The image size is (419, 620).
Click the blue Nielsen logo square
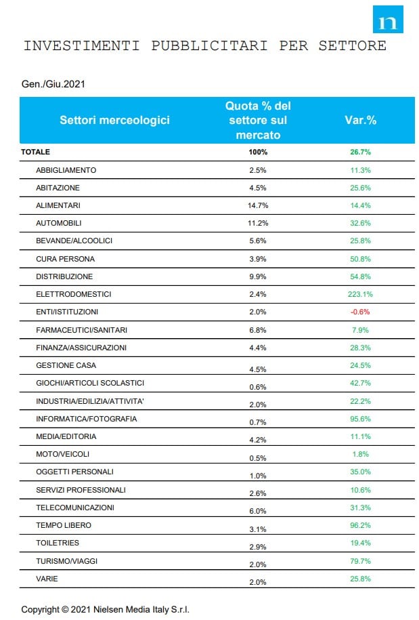pos(388,20)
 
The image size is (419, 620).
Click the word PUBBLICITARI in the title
pos(209,45)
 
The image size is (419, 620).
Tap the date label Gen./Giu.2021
pos(53,84)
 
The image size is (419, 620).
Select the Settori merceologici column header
pos(114,120)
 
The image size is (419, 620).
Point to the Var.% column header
pos(360,120)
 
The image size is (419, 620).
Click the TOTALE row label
pos(36,152)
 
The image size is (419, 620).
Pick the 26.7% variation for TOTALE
pos(360,152)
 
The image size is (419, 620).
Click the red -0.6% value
pos(360,312)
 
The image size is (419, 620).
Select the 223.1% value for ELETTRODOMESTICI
pos(360,294)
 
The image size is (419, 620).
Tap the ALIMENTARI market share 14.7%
pos(258,205)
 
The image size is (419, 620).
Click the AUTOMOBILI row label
pos(58,223)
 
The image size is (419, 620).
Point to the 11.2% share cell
pos(258,223)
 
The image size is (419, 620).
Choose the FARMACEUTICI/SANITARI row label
pos(81,330)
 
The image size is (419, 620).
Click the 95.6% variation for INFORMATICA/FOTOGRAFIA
pos(360,419)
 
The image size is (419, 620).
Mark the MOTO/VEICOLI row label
pos(62,454)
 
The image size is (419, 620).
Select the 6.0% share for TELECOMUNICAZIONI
pos(258,511)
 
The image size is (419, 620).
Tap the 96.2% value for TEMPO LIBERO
pos(360,525)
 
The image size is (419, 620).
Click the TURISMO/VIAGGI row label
pos(66,561)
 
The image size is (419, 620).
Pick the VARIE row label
pos(47,579)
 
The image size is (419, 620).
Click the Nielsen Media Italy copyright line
pos(105,609)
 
